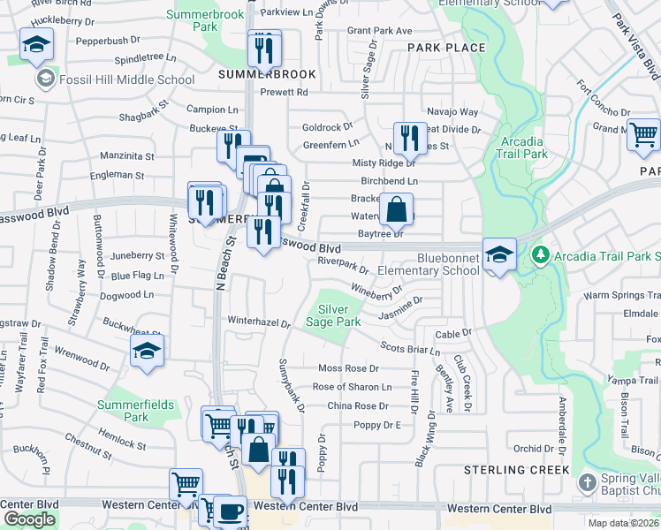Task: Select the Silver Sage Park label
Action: (339, 315)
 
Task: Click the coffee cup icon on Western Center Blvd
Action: (230, 511)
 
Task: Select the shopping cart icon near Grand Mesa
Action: (645, 134)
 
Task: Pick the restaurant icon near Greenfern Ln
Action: (407, 137)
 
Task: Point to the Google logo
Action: (29, 519)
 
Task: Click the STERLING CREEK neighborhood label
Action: (517, 470)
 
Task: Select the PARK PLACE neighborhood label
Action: (446, 48)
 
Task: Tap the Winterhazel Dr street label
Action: (259, 322)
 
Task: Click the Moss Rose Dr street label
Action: (348, 367)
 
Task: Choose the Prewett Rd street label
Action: (284, 92)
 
